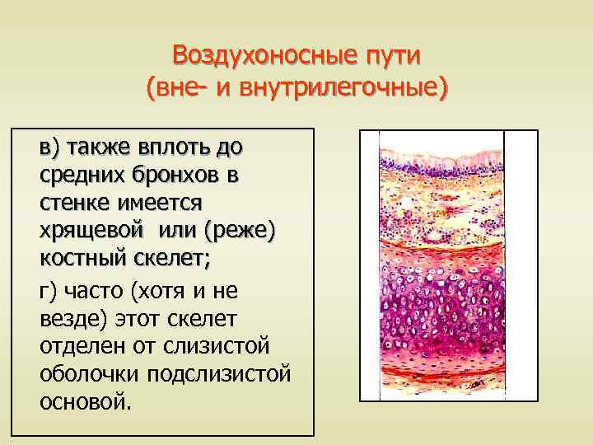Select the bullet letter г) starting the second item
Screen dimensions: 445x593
tap(49, 289)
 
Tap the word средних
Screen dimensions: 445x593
tap(85, 175)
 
